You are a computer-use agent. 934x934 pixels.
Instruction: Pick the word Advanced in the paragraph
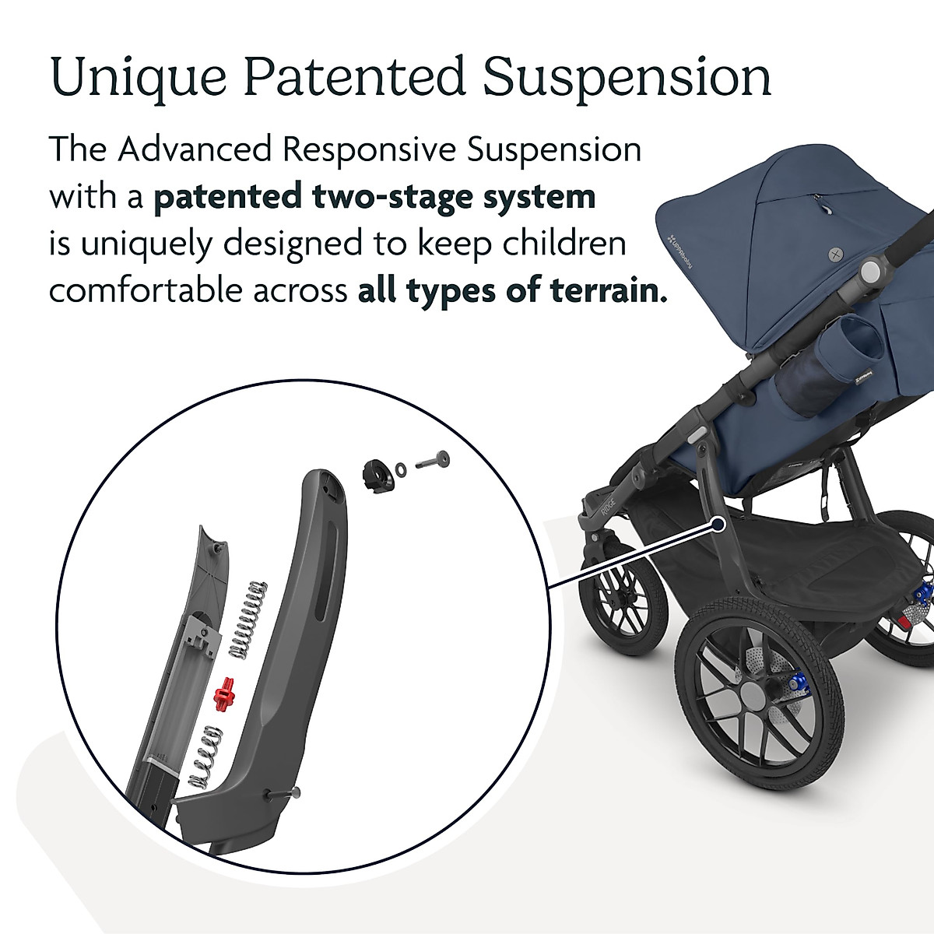coord(195,149)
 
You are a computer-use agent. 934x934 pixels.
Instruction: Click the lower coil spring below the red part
coord(205,757)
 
